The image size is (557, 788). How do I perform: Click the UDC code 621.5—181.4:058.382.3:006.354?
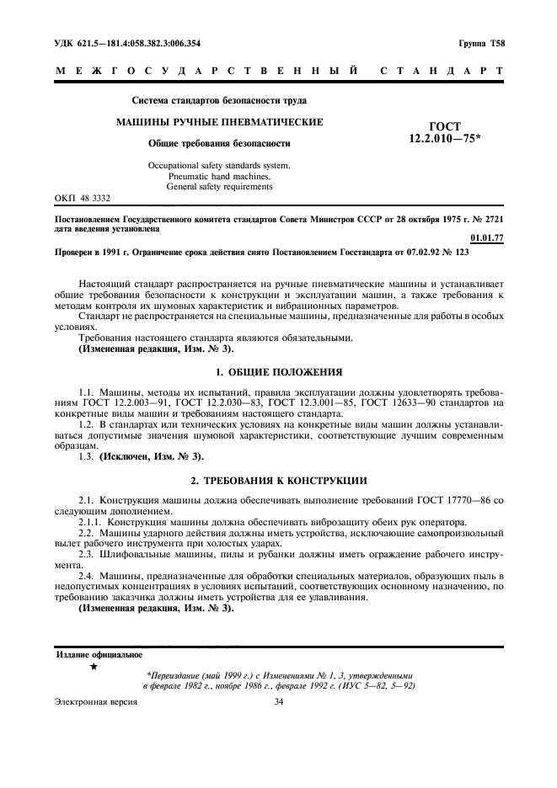pos(127,43)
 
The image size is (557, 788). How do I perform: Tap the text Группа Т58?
pos(481,43)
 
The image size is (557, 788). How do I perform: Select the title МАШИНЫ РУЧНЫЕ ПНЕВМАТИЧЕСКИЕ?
pos(219,122)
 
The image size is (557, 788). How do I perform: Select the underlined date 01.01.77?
pos(487,238)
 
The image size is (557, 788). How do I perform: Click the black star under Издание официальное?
pos(94,666)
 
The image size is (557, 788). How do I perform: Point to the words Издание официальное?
pos(99,654)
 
